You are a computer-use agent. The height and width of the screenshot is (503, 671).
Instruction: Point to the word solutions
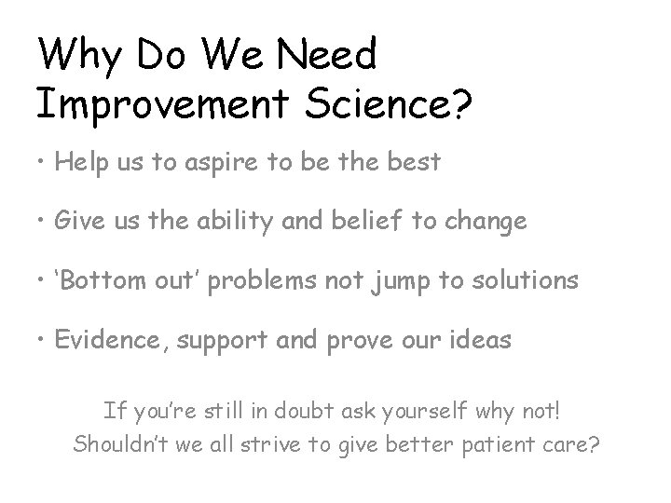[x=526, y=281]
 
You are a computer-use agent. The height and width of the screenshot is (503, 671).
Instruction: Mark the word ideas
[x=481, y=340]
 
